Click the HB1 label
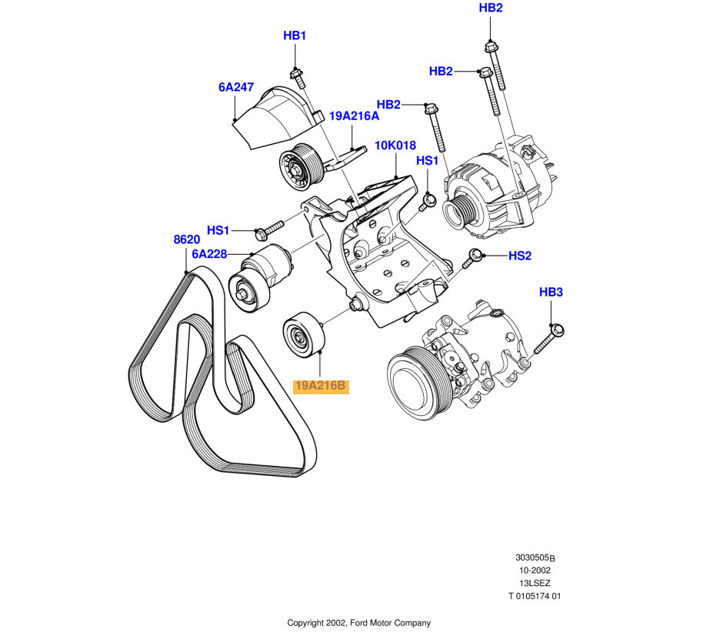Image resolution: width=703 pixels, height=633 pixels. [295, 35]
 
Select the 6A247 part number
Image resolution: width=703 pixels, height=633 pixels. [236, 88]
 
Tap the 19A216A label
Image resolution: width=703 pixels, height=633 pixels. [355, 116]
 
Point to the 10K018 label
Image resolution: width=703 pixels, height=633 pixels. [395, 145]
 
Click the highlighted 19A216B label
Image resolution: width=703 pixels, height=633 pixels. [321, 386]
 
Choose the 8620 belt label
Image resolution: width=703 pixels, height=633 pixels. [187, 239]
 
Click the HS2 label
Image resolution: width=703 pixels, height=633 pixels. [520, 256]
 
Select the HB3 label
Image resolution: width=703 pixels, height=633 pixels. [551, 293]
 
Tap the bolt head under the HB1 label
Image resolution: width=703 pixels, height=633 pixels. [295, 75]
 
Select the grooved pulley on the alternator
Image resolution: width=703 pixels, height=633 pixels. [465, 209]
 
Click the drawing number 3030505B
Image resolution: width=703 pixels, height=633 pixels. [535, 558]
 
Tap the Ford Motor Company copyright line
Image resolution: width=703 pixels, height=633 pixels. [358, 623]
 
